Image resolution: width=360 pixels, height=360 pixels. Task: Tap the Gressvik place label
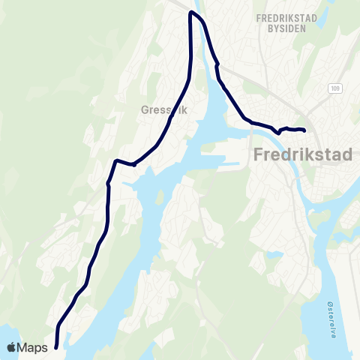coord(162,109)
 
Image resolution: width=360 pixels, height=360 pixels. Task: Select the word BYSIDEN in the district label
coord(283,28)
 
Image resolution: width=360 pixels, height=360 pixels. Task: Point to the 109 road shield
coord(334,88)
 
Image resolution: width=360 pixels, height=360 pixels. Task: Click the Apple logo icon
coord(13,347)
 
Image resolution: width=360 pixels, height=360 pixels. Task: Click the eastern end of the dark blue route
coord(304,130)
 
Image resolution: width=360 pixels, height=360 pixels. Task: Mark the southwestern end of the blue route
coord(56,346)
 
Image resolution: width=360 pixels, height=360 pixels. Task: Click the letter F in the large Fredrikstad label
coord(250,155)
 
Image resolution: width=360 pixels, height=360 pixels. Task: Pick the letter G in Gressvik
coord(145,109)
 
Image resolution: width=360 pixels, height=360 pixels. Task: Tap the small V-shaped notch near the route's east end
coord(278,132)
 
